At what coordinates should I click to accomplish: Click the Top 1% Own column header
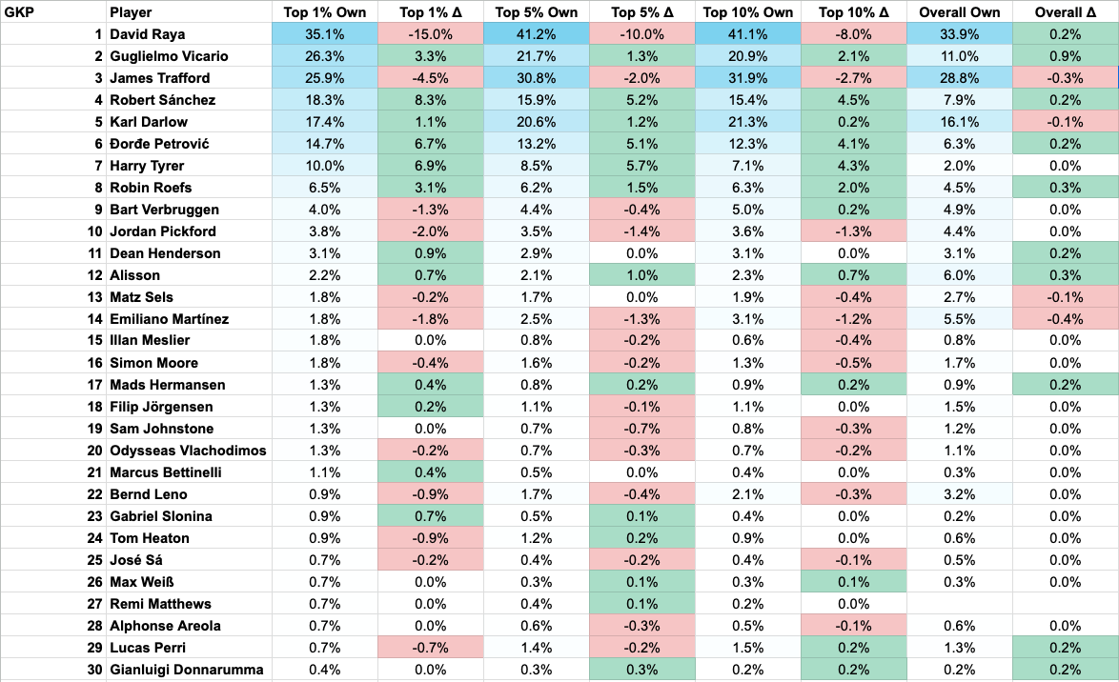(324, 12)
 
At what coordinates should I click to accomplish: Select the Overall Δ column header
(1066, 12)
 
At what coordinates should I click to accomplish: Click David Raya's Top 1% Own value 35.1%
(324, 35)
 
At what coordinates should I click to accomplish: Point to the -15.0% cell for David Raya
(430, 35)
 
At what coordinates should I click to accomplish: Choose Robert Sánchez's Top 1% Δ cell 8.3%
(430, 100)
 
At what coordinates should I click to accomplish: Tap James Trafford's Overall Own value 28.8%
(960, 78)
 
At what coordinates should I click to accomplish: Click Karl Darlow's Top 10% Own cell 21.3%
(748, 122)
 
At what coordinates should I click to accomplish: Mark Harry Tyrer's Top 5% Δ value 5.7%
(641, 166)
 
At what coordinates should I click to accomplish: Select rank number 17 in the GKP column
(92, 385)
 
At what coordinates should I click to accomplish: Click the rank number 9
(96, 210)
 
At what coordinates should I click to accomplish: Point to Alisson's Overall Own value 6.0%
(960, 275)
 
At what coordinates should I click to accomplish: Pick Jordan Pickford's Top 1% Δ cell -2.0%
(430, 231)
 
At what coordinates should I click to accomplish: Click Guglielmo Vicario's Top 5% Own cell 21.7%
(537, 56)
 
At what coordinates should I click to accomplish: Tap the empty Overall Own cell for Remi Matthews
(960, 604)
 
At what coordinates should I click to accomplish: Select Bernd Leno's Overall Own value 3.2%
(960, 494)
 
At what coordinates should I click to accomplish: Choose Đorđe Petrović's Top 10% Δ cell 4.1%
(854, 144)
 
